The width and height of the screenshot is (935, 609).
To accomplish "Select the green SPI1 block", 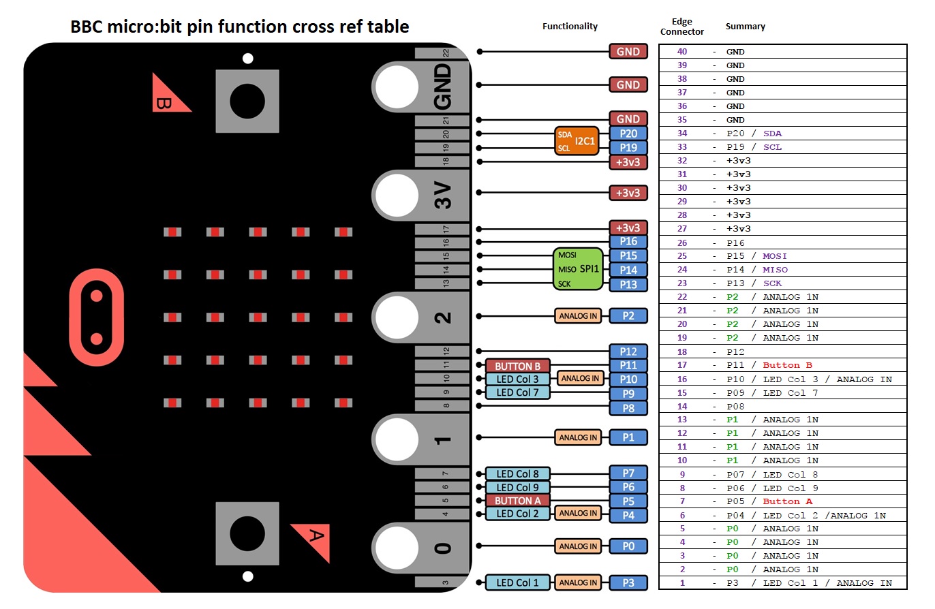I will (578, 269).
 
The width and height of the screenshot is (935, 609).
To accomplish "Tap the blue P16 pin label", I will (628, 241).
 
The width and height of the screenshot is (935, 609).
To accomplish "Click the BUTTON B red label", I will (517, 366).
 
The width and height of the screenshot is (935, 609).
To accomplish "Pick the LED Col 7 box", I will (517, 392).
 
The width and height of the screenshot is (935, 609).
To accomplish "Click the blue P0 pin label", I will (628, 546).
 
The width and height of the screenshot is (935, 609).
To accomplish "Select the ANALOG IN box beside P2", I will (578, 316).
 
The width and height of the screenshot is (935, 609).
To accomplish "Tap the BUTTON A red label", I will (517, 501).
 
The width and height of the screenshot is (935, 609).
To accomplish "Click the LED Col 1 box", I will (517, 582).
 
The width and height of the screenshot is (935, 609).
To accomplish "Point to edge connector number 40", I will (681, 52).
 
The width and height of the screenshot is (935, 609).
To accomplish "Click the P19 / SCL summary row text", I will (754, 147).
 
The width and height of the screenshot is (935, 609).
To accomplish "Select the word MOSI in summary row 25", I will (775, 256).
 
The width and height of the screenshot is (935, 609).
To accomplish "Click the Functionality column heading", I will (570, 27).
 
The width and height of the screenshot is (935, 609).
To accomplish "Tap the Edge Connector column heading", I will (681, 27).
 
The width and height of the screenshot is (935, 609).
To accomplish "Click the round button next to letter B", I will (247, 101).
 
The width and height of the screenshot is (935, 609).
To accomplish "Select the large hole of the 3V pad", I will (396, 193).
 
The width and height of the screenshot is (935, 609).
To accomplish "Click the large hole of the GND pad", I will (396, 86).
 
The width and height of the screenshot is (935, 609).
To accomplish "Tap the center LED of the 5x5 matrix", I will (258, 317).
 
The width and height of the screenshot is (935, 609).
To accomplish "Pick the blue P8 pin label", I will (628, 408).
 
